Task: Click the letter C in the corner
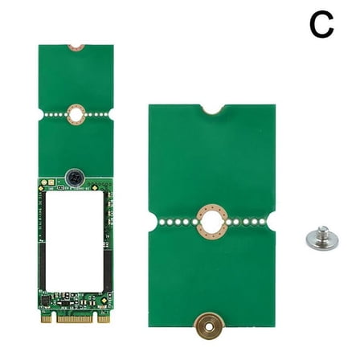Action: click(x=321, y=25)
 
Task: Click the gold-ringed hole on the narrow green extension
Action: click(x=76, y=114)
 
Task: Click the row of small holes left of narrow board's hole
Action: click(x=54, y=114)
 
